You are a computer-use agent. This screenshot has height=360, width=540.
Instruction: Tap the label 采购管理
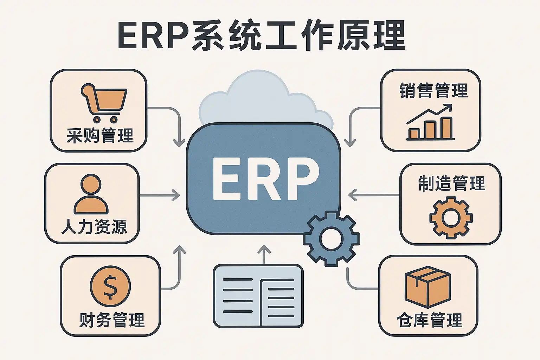click(100, 136)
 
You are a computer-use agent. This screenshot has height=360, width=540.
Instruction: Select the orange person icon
click(91, 194)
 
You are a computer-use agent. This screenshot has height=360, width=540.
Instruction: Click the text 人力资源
click(94, 227)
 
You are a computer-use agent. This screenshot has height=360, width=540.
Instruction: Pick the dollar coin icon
click(110, 286)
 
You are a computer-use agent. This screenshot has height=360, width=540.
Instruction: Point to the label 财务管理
click(112, 320)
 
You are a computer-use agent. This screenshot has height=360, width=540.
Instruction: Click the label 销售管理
click(433, 91)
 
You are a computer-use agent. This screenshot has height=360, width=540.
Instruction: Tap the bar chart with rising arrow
click(431, 122)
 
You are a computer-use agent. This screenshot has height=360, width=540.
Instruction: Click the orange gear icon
click(451, 218)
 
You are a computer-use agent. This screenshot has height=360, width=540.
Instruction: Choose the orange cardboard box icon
click(427, 287)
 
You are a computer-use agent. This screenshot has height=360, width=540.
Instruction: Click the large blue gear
click(331, 239)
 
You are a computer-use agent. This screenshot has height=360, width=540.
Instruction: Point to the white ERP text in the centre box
click(266, 179)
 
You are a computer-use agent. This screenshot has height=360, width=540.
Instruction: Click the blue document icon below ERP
click(258, 296)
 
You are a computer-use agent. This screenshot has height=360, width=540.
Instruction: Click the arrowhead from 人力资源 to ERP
click(176, 195)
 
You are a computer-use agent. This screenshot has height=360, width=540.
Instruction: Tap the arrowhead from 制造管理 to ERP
click(352, 195)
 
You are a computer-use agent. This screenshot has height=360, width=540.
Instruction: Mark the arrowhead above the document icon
click(264, 249)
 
